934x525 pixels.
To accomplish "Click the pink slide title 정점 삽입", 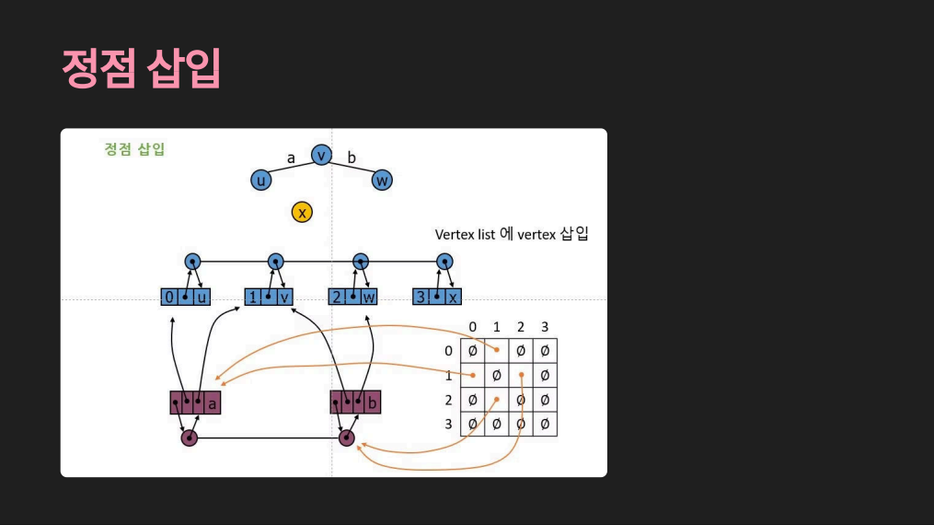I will pyautogui.click(x=141, y=67).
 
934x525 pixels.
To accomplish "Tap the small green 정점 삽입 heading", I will pyautogui.click(x=134, y=148).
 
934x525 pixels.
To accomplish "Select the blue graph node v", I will pyautogui.click(x=321, y=156).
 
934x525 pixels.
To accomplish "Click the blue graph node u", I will pyautogui.click(x=261, y=181).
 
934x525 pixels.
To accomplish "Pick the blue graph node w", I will pyautogui.click(x=383, y=181).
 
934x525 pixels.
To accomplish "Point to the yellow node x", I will pyautogui.click(x=302, y=213).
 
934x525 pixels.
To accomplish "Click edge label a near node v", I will pyautogui.click(x=291, y=157).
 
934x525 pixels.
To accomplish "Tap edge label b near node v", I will pyautogui.click(x=352, y=157).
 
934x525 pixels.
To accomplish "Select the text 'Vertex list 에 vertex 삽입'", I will pyautogui.click(x=512, y=235).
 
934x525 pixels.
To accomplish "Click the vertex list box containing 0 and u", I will pyautogui.click(x=186, y=297).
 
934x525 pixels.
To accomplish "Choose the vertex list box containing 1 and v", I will pyautogui.click(x=269, y=297).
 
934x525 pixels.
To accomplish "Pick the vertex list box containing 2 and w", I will pyautogui.click(x=353, y=297).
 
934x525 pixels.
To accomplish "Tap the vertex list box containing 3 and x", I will pyautogui.click(x=437, y=297).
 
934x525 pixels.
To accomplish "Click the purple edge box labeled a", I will pyautogui.click(x=195, y=402).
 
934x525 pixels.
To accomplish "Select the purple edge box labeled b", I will pyautogui.click(x=355, y=402).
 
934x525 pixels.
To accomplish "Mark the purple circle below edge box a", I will pyautogui.click(x=189, y=438).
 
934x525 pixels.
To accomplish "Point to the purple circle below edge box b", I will pyautogui.click(x=347, y=438).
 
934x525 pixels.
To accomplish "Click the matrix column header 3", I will pyautogui.click(x=545, y=327).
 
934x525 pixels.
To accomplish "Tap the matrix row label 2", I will pyautogui.click(x=448, y=400).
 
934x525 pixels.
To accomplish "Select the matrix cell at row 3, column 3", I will pyautogui.click(x=545, y=424).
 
